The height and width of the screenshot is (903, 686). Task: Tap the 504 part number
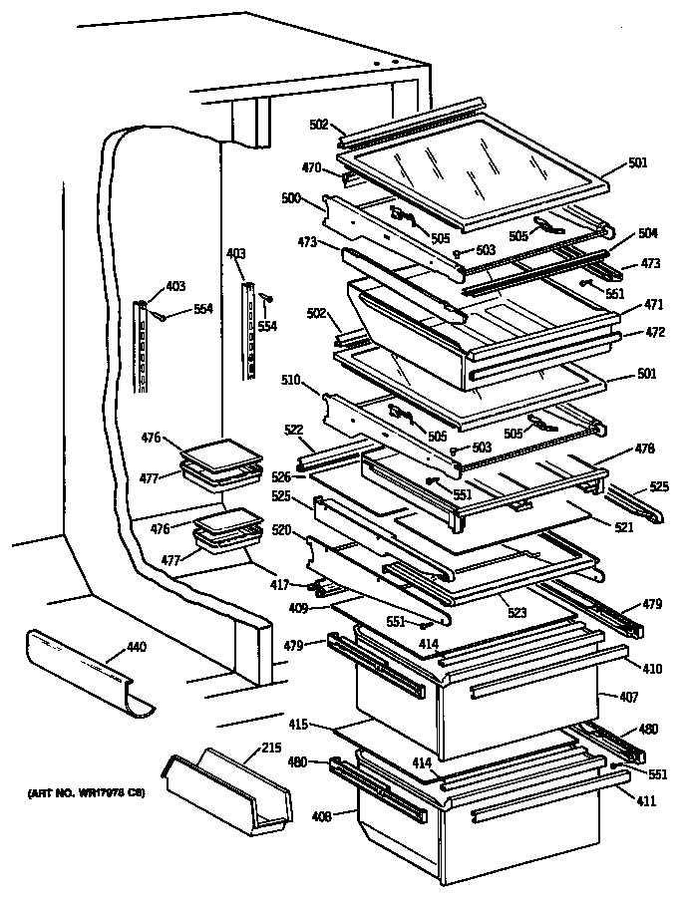pyautogui.click(x=647, y=232)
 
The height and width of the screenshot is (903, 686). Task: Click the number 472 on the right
pyautogui.click(x=653, y=331)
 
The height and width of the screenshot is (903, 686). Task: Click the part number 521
pyautogui.click(x=624, y=525)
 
